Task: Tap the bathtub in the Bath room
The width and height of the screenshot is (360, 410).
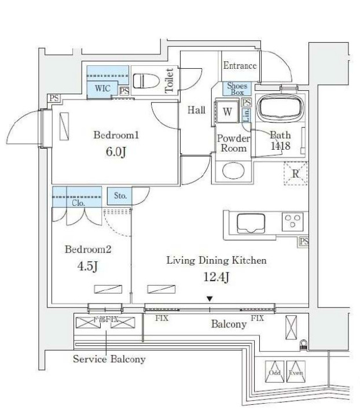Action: pos(280,108)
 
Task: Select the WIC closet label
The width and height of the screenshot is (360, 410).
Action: pos(102,88)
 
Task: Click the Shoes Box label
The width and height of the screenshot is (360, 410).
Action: pos(237,89)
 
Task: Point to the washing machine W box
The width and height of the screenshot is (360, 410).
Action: pos(227,112)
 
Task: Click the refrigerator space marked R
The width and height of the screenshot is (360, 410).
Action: pos(295,173)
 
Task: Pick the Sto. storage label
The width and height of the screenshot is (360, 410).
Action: pos(120,197)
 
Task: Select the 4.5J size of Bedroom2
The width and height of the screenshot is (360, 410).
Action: pos(87,267)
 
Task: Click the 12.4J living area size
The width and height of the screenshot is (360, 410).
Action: pos(216,278)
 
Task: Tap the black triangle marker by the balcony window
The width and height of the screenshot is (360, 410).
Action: pos(210,299)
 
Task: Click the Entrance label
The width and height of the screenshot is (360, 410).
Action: pos(240,65)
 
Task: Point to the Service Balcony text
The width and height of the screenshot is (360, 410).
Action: pos(109,359)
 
